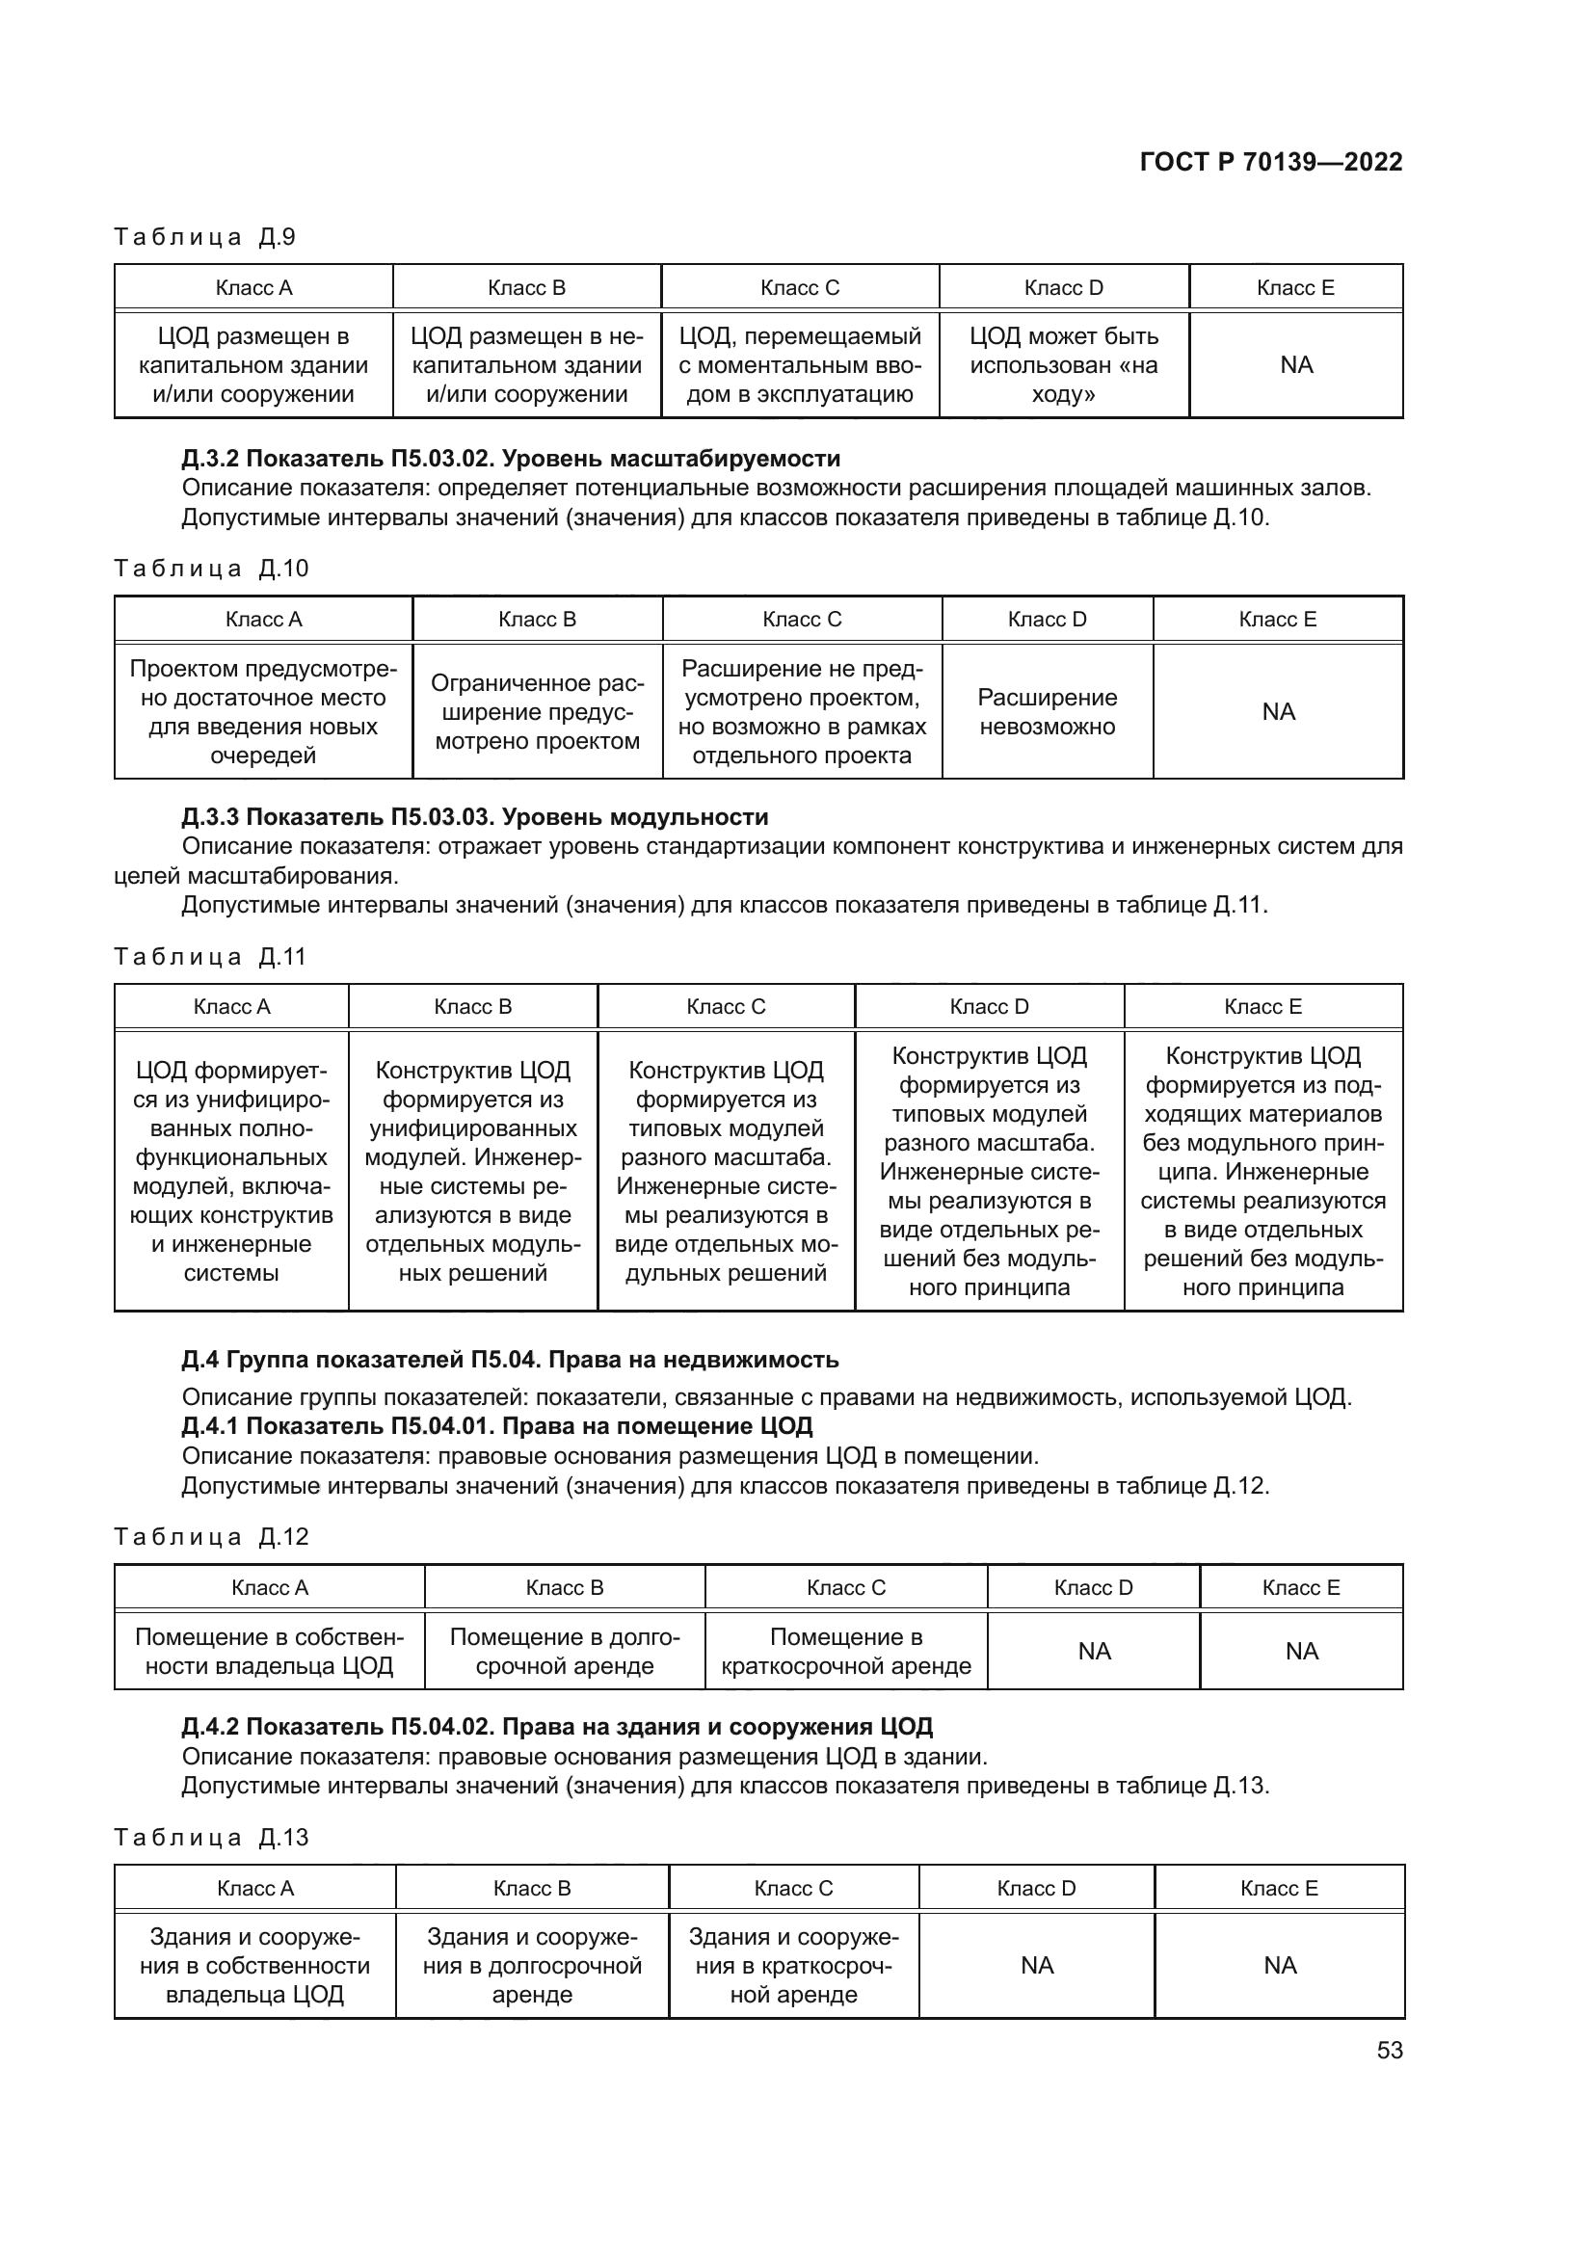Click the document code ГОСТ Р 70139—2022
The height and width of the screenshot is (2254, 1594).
pos(1270,162)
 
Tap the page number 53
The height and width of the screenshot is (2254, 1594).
pos(1389,2050)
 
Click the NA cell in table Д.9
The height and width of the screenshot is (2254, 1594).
pos(1295,365)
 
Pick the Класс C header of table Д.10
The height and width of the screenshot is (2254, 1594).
pos(801,620)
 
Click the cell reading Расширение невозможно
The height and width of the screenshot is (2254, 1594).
pos(1047,712)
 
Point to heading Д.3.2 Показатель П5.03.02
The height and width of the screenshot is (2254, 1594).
pos(511,459)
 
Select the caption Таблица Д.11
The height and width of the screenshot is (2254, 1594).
pos(210,956)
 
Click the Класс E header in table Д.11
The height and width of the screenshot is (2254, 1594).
pos(1262,1006)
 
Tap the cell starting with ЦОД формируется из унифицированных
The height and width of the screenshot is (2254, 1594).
pos(231,1171)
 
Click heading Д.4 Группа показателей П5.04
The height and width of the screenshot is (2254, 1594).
pos(511,1360)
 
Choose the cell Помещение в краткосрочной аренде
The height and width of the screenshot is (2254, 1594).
pos(845,1652)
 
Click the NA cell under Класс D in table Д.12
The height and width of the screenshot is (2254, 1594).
pos(1094,1652)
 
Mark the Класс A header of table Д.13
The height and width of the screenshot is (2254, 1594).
pos(255,1888)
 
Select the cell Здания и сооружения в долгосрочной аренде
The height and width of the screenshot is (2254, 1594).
pos(532,1965)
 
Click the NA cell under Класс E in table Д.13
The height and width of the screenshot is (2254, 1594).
pos(1279,1965)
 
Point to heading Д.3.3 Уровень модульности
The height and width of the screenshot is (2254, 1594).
pos(475,817)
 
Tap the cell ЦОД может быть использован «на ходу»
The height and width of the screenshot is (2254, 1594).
pos(1063,365)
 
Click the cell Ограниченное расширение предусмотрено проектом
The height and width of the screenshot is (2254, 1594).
pos(537,712)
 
